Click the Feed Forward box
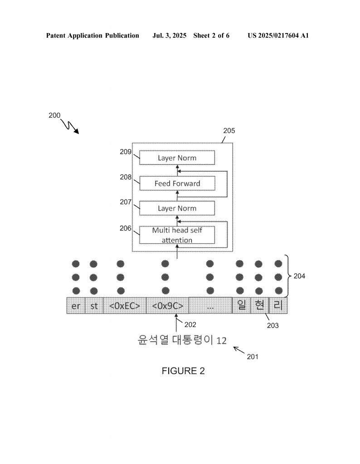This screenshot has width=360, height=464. point(177,184)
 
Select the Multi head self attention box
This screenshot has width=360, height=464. point(177,235)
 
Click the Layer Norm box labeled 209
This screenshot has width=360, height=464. point(177,158)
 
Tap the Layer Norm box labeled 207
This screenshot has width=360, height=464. point(177,208)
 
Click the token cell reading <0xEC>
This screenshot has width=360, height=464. point(125,306)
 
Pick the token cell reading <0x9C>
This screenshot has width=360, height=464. point(168,306)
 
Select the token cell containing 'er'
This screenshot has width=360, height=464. point(76,306)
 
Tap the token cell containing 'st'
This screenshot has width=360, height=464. point(94,306)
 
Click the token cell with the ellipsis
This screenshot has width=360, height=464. point(210,306)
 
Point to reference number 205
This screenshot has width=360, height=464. point(229,131)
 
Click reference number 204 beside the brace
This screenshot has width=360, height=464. point(299,276)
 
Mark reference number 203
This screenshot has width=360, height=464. point(272,325)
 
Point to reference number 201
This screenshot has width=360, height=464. point(253,357)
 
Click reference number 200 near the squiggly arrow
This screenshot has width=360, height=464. point(54,116)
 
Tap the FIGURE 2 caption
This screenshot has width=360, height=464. point(183,371)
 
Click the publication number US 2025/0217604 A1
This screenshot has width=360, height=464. point(278,35)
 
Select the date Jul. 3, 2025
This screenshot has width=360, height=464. point(169,35)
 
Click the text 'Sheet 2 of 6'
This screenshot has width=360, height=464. point(211,35)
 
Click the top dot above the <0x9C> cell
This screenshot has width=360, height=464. point(165,264)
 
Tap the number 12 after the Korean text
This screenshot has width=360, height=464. point(221,341)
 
